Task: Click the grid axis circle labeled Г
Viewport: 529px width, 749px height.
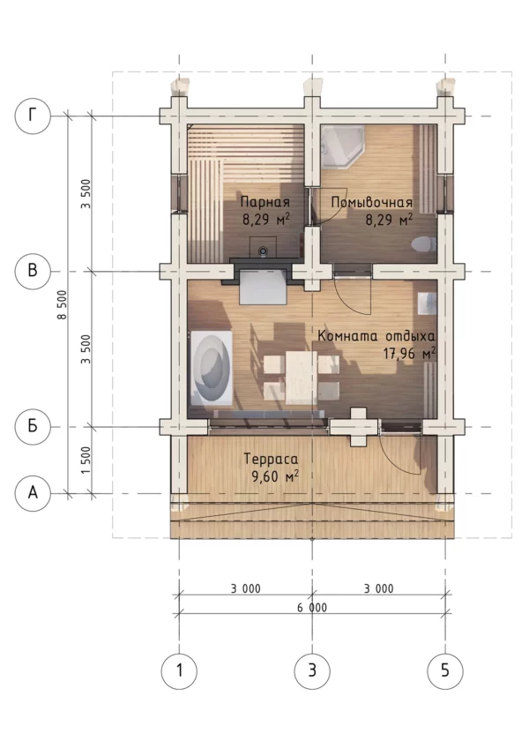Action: coord(33,116)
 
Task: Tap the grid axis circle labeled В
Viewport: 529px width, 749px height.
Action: coord(33,271)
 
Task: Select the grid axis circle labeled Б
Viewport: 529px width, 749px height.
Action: coord(33,426)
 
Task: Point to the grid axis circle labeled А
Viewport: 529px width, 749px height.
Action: coord(33,493)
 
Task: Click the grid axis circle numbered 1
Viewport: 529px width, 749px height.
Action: coord(179,671)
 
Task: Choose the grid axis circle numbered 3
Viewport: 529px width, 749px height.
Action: coord(312,671)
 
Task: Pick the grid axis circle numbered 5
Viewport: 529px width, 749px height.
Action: coord(445,671)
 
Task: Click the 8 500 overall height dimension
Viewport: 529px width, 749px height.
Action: coord(63,304)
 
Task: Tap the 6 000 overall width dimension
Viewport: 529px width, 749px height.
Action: coord(312,608)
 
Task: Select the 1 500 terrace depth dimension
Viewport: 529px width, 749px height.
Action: coord(86,461)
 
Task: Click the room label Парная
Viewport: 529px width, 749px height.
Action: coord(265,201)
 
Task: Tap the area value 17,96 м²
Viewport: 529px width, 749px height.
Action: coord(409,353)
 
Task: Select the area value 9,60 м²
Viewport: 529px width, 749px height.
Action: coord(274,476)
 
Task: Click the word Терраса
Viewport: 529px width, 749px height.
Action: coord(271,459)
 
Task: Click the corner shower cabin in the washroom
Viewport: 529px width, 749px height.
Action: coord(342,147)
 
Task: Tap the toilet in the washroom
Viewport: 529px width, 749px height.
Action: coord(423,244)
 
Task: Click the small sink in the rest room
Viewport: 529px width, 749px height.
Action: coord(427,303)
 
